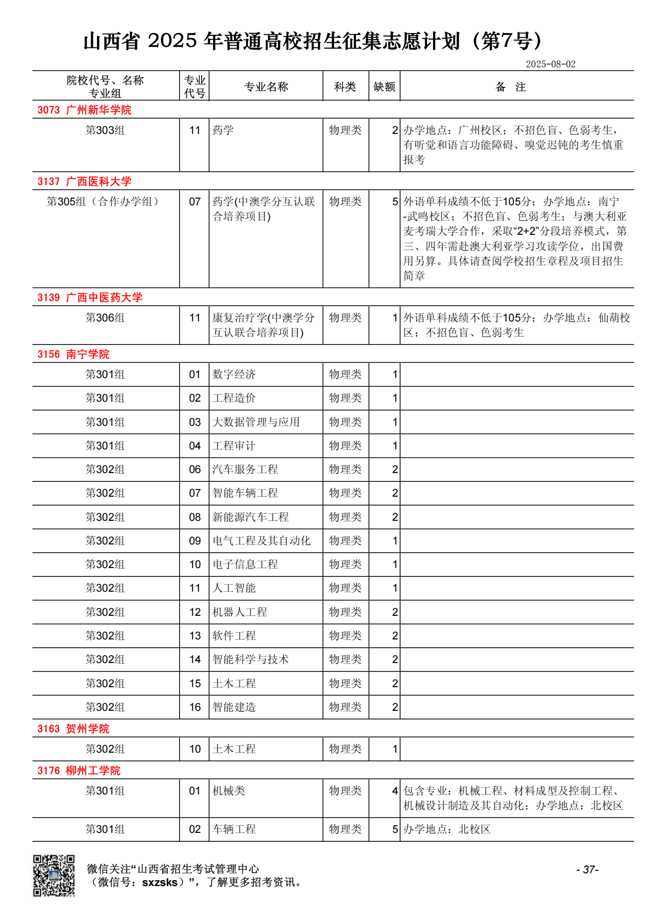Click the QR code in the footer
point(54,875)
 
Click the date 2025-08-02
point(550,64)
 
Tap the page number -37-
point(587,869)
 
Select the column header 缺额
point(384,87)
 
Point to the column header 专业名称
point(266,87)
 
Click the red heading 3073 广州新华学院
point(85,110)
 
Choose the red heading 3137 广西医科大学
point(85,181)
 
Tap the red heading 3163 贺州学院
point(73,729)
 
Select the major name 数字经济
point(234,374)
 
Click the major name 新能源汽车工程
point(250,517)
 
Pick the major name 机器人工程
point(240,612)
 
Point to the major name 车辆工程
point(234,829)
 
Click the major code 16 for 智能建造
point(195,707)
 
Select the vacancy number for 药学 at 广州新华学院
point(395,130)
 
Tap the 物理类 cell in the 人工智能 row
point(345,588)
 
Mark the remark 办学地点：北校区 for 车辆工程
point(447,829)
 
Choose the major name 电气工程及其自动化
point(261,540)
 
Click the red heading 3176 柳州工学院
point(79,770)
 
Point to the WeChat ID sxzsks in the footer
point(159,882)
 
